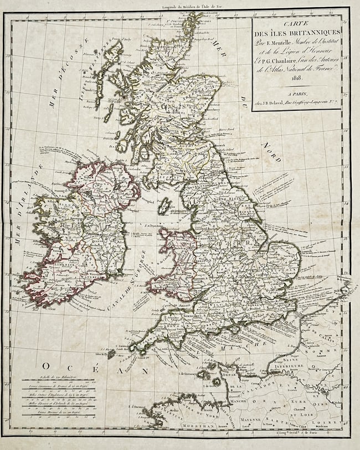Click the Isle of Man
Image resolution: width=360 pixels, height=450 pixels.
click(x=163, y=206)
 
